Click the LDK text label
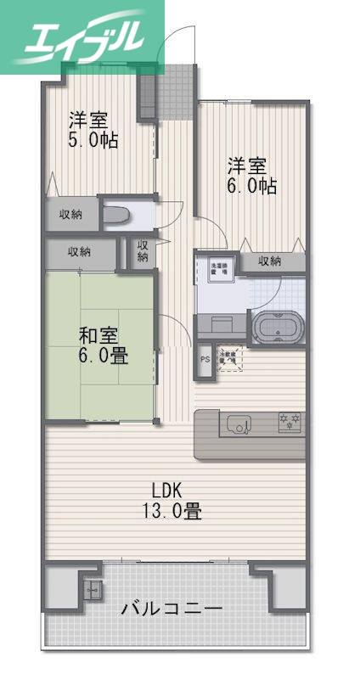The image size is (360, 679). click(166, 491)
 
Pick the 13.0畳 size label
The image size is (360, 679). click(172, 512)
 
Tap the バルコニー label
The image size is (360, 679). click(172, 609)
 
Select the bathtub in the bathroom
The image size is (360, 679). click(277, 326)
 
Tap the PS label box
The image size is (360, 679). click(204, 359)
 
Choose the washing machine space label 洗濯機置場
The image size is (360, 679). click(218, 268)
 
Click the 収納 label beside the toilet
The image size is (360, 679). click(70, 214)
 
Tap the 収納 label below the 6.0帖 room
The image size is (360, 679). click(269, 261)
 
